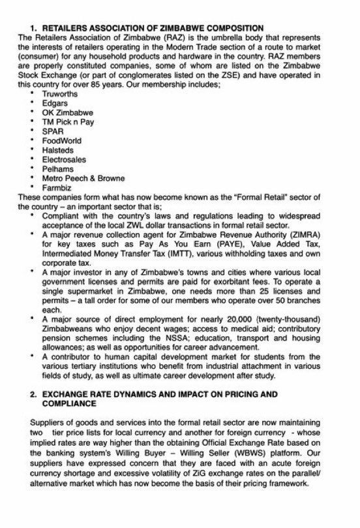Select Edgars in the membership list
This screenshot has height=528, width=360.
[x=53, y=103]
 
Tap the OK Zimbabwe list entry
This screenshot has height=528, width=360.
[x=63, y=112]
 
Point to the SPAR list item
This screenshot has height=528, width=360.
[x=52, y=131]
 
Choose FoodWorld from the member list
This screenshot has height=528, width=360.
[x=59, y=140]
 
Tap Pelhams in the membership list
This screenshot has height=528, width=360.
[x=57, y=168]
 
